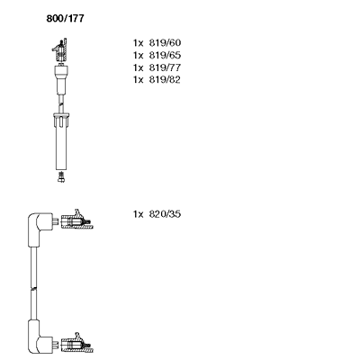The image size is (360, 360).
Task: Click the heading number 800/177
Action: pyautogui.click(x=65, y=19)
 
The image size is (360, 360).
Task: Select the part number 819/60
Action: pyautogui.click(x=165, y=43)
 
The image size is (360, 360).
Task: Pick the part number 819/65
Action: pyautogui.click(x=165, y=55)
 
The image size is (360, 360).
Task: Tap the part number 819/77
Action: pyautogui.click(x=165, y=67)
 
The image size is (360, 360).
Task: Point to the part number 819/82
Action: pyautogui.click(x=165, y=80)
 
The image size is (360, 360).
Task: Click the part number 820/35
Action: pyautogui.click(x=165, y=214)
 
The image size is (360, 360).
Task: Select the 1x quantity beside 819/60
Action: pyautogui.click(x=139, y=43)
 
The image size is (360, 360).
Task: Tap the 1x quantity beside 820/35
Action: pyautogui.click(x=139, y=214)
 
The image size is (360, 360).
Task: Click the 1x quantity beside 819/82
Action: pyautogui.click(x=139, y=80)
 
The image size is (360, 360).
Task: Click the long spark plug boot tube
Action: pyautogui.click(x=61, y=144)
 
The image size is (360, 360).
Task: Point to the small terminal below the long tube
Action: pyautogui.click(x=61, y=177)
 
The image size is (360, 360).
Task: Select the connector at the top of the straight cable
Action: pyautogui.click(x=60, y=49)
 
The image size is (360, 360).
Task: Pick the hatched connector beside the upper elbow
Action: pyautogui.click(x=76, y=220)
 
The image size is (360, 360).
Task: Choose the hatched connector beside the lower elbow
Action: pyautogui.click(x=76, y=345)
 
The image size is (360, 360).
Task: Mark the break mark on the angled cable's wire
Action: pyautogui.click(x=33, y=289)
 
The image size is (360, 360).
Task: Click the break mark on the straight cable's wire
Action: pyautogui.click(x=61, y=104)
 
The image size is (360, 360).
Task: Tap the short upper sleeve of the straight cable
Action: pyautogui.click(x=61, y=79)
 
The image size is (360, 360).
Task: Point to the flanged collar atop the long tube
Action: pyautogui.click(x=61, y=115)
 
